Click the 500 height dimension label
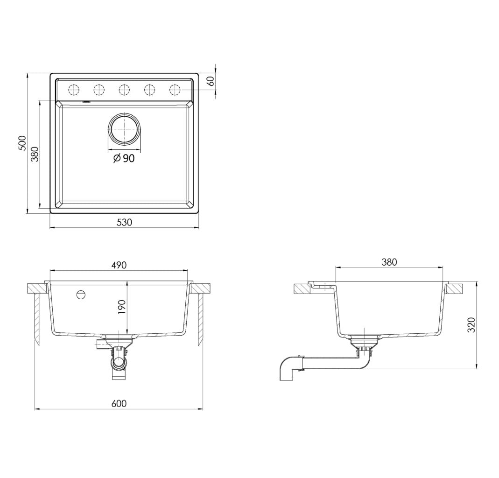point(22,143)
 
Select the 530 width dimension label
point(124,222)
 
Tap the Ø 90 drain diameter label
point(124,158)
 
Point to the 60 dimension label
point(211,82)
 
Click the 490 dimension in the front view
point(119,265)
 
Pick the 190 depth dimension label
point(122,307)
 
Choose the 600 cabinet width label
point(119,403)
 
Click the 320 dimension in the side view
point(471,324)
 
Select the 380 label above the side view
point(389,262)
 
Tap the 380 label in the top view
point(35,154)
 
